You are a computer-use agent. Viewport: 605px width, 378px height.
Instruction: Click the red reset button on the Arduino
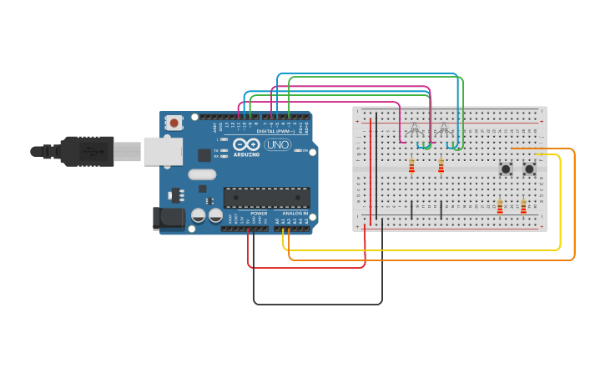point(174,123)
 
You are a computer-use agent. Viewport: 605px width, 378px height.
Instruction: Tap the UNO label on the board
point(277,145)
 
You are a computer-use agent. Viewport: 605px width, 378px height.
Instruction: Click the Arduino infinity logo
point(247,144)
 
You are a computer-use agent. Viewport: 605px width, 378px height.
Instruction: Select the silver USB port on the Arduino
point(163,151)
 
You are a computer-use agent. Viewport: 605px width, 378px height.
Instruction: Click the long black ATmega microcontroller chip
point(266,197)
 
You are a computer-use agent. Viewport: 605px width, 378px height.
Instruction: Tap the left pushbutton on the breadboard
point(506,169)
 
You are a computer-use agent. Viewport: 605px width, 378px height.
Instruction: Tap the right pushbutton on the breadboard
point(529,169)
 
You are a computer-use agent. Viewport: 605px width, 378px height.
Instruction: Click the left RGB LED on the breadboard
point(414,129)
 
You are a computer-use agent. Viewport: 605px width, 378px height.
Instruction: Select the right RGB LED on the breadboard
point(444,129)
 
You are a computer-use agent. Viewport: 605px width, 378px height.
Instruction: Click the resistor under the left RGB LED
point(411,166)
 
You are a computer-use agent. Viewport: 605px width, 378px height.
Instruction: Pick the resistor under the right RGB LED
point(441,166)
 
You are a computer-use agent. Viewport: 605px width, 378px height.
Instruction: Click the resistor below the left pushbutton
point(500,206)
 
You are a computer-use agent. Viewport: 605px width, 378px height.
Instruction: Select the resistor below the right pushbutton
point(523,206)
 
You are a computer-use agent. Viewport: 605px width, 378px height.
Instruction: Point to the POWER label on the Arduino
point(259,214)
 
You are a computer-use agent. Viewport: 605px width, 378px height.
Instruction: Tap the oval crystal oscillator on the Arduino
point(202,174)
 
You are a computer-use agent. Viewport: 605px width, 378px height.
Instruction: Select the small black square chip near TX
point(204,155)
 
